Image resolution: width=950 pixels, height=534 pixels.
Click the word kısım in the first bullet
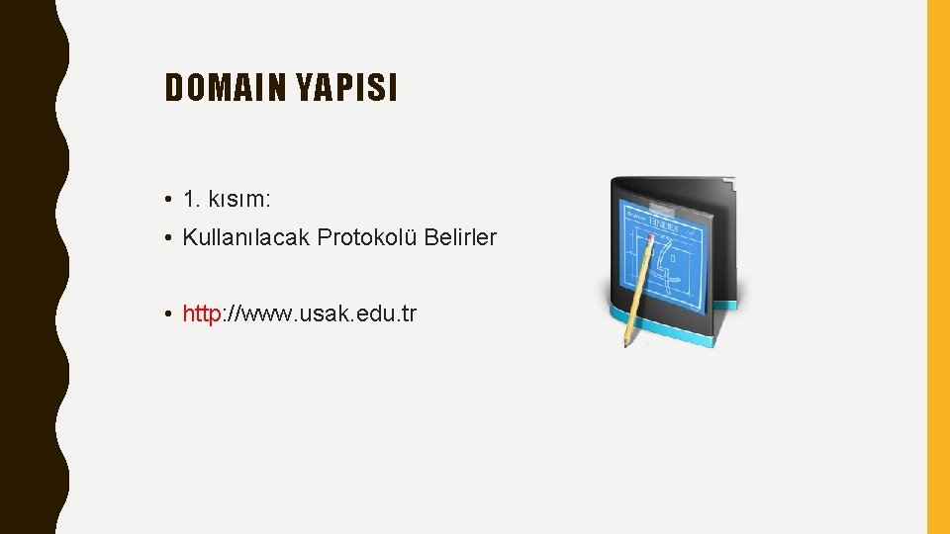pos(238,199)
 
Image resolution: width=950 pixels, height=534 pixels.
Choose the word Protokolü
pos(368,237)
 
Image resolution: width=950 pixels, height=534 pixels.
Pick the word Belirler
pos(461,237)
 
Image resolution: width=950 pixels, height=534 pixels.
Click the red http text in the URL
pos(202,314)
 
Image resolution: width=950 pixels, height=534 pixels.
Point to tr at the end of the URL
pos(410,314)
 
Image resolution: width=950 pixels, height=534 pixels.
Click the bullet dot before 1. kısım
pos(171,200)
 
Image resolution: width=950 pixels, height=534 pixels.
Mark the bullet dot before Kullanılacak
pos(171,238)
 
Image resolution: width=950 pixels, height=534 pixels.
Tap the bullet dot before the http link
pos(171,315)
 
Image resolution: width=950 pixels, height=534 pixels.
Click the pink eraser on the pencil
pos(650,238)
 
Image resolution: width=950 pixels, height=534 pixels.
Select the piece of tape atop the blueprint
pos(654,204)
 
